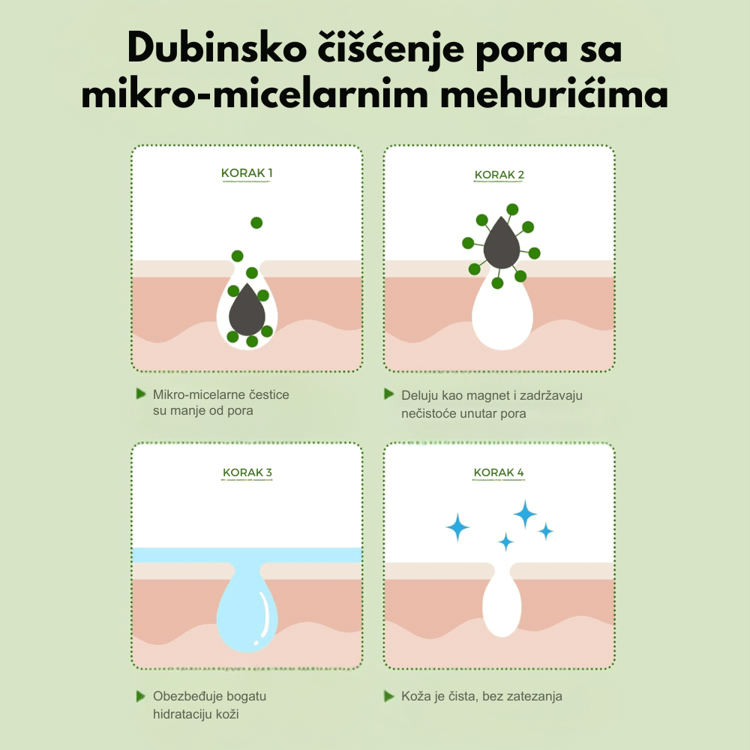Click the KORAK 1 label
tap(247, 172)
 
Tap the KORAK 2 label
tap(499, 175)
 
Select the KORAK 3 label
tap(247, 472)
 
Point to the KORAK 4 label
tap(499, 472)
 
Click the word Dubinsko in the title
tap(217, 48)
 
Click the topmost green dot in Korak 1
tap(256, 223)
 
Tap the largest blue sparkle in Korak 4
tap(525, 514)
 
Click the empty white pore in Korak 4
tap(502, 603)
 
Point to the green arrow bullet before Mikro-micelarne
tap(141, 394)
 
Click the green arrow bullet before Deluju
tap(388, 394)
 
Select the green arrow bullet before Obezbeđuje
tap(141, 696)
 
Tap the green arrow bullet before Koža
tap(388, 696)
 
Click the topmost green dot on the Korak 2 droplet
tap(512, 209)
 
